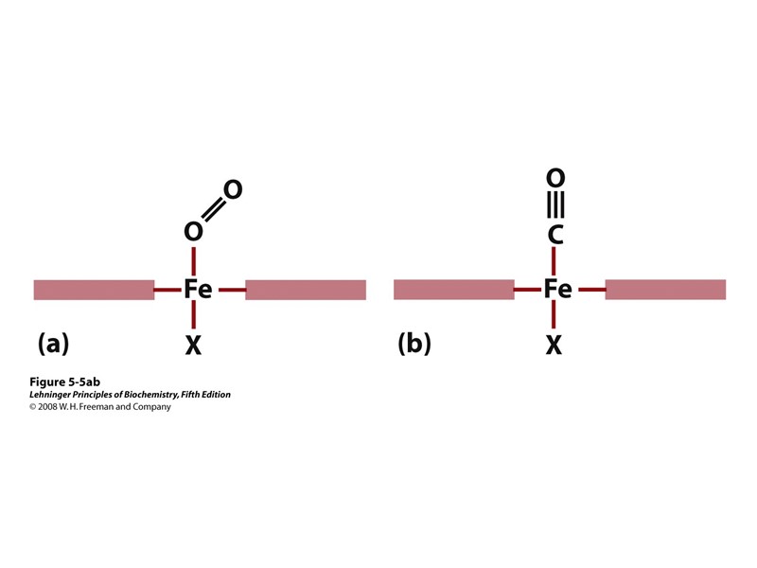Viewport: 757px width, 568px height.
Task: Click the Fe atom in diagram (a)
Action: [198, 290]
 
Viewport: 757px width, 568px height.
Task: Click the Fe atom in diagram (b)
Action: [557, 290]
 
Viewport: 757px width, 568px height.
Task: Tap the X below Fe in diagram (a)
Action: [193, 346]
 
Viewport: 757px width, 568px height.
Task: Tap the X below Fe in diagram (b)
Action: [554, 346]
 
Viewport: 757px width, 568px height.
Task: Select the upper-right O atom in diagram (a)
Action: [232, 190]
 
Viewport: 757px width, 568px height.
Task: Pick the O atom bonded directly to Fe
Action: [193, 232]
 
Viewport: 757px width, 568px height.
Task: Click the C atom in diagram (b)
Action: [555, 234]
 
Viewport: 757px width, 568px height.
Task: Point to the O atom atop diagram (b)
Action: [555, 178]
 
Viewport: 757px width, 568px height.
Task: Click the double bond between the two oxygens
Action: [213, 210]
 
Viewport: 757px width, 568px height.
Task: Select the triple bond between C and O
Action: [555, 205]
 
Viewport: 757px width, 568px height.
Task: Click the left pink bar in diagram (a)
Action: [94, 290]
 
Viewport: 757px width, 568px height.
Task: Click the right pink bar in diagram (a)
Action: [306, 290]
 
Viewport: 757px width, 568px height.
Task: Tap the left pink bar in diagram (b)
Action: [453, 290]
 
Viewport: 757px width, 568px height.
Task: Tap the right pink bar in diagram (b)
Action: [665, 290]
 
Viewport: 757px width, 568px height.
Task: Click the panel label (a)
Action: [54, 344]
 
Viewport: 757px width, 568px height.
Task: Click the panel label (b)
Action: [414, 344]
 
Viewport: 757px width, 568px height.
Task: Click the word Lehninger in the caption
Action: [53, 395]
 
